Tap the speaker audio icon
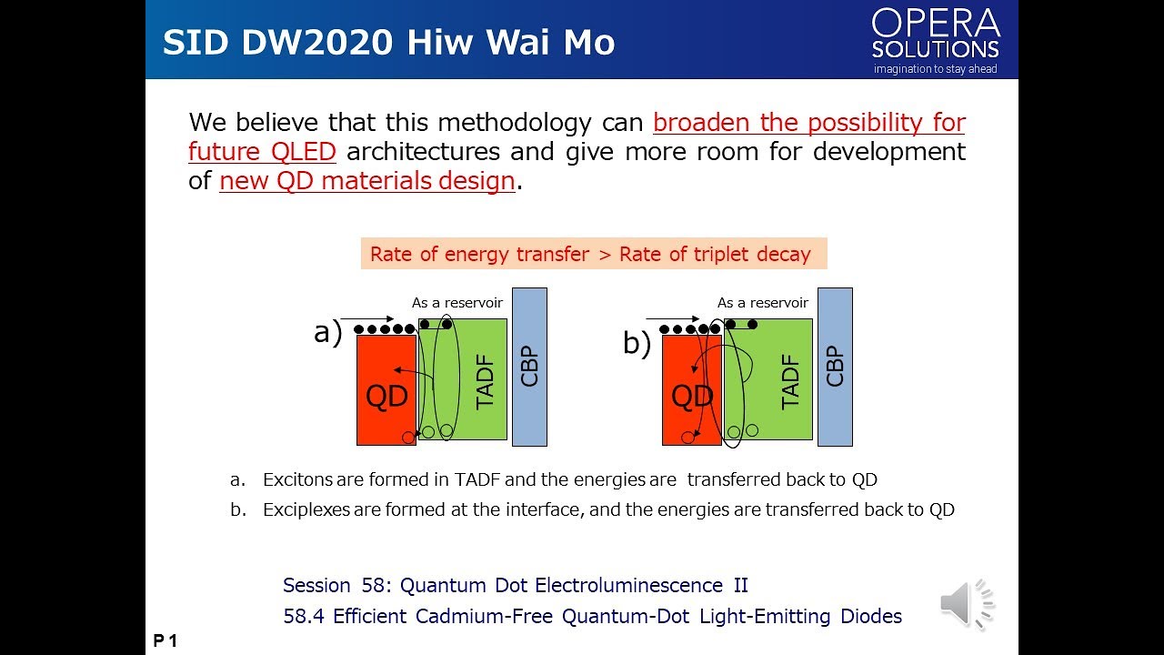pyautogui.click(x=967, y=603)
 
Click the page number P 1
pyautogui.click(x=165, y=641)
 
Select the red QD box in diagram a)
pyautogui.click(x=386, y=390)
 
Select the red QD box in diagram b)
pyautogui.click(x=692, y=390)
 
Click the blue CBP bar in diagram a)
pyautogui.click(x=529, y=367)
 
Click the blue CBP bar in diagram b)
pyautogui.click(x=835, y=367)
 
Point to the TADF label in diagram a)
pyautogui.click(x=486, y=381)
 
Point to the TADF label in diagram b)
pyautogui.click(x=791, y=381)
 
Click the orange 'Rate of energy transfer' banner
pyautogui.click(x=593, y=255)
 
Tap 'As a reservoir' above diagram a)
pyautogui.click(x=457, y=303)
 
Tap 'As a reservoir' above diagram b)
pyautogui.click(x=762, y=303)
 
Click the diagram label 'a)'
pyautogui.click(x=327, y=333)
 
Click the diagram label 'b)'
pyautogui.click(x=637, y=344)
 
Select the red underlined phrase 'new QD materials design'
pyautogui.click(x=367, y=181)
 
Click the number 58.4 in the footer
pyautogui.click(x=304, y=617)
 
